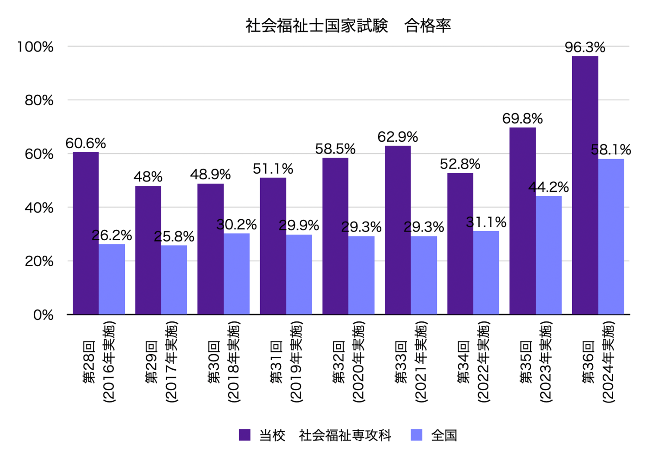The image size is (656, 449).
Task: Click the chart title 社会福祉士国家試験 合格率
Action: tap(348, 26)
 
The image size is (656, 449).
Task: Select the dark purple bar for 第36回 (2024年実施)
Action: tap(585, 185)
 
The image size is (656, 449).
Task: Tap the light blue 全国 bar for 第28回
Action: tap(112, 279)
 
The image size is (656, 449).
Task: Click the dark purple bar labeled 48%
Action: tap(148, 250)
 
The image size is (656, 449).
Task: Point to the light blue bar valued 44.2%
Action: tap(548, 255)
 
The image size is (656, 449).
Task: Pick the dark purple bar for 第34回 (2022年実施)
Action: tap(460, 243)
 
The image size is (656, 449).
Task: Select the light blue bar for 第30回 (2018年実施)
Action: tap(236, 274)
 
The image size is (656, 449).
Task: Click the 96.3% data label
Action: tap(585, 47)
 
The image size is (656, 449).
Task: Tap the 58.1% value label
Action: tap(611, 150)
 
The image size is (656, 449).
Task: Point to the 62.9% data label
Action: tap(398, 137)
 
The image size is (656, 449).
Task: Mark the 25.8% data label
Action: tap(174, 237)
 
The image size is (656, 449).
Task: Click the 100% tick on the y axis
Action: tap(36, 46)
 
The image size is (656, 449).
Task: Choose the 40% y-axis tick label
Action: tap(39, 208)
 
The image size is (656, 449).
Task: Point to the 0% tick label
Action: tap(43, 315)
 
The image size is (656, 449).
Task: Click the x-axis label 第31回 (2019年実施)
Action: tap(286, 362)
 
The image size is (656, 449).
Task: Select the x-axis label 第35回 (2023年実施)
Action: tap(536, 362)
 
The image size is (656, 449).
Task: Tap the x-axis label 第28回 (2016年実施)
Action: tap(99, 362)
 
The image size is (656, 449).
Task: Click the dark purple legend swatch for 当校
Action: tap(245, 435)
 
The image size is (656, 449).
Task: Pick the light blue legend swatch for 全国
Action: tap(416, 435)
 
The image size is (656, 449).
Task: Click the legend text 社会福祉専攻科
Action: tap(345, 435)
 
